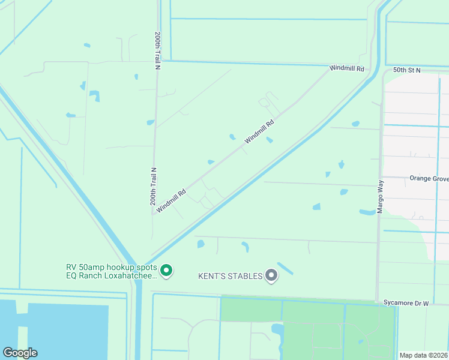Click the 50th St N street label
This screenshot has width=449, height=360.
tap(407, 70)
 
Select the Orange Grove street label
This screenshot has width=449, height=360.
tap(429, 178)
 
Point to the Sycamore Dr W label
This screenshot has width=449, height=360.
tap(406, 304)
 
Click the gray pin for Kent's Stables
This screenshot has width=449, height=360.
tap(271, 275)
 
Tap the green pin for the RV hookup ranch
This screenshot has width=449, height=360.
tap(167, 272)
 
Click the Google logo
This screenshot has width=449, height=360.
tap(20, 353)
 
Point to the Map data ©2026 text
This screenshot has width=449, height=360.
tap(424, 355)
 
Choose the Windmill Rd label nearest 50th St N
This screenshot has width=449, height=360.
tap(347, 69)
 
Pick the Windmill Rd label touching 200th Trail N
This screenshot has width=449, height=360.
tap(172, 201)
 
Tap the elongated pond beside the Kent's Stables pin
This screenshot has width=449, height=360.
tap(285, 269)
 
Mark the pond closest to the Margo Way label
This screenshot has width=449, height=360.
tap(367, 212)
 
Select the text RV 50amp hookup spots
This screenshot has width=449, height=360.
tap(112, 268)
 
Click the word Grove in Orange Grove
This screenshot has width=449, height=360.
tap(439, 178)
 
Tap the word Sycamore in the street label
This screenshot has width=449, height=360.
tap(398, 304)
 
